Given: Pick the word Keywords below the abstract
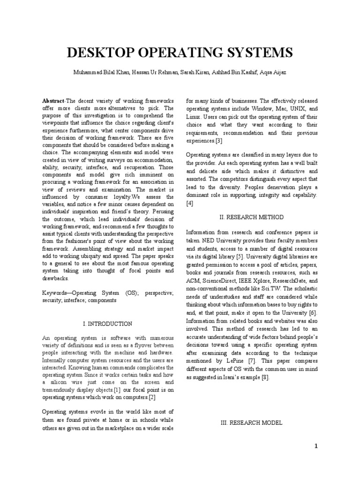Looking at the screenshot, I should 56,292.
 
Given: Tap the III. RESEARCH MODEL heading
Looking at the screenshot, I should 251,423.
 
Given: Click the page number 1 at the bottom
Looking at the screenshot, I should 316,446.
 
